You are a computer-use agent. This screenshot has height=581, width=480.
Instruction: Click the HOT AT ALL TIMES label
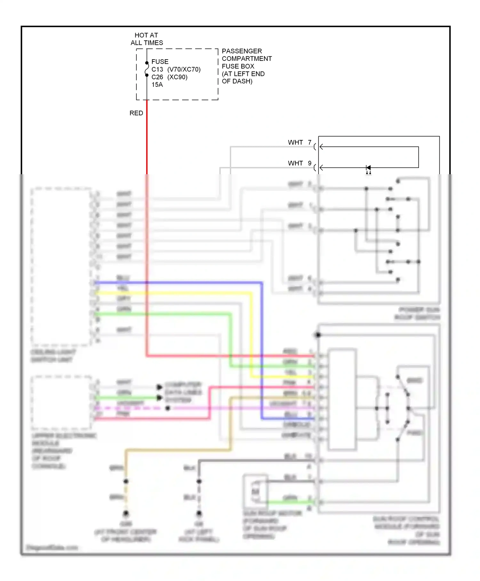[147, 39]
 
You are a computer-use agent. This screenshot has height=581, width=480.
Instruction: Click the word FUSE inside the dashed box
[160, 61]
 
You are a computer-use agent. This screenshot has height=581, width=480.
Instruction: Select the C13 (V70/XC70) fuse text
[176, 70]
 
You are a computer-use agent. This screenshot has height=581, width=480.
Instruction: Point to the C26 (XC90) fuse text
[169, 77]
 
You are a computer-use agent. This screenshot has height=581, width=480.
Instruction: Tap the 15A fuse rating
[157, 85]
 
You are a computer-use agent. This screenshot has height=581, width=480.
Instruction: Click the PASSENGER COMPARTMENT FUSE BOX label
[246, 66]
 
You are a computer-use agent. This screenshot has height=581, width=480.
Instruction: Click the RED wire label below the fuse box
[136, 113]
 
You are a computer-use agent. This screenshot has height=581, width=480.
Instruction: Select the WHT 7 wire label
[300, 142]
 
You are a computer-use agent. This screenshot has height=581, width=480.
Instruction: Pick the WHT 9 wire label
[300, 163]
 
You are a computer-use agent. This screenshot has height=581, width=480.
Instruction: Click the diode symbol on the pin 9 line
[368, 168]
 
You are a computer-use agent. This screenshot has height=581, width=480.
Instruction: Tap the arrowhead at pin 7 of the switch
[321, 147]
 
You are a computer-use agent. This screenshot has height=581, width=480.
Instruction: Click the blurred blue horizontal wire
[179, 283]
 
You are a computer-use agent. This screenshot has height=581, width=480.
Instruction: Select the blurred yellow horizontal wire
[173, 293]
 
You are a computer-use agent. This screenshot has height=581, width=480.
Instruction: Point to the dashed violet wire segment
[128, 408]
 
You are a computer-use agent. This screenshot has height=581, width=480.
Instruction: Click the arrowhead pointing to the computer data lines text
[159, 387]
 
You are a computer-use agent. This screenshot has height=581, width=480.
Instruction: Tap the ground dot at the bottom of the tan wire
[126, 513]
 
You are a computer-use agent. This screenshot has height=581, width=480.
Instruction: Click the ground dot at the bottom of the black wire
[199, 513]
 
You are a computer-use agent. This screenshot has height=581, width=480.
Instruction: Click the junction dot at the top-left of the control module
[318, 335]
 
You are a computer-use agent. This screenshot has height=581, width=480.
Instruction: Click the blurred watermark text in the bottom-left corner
[52, 547]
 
